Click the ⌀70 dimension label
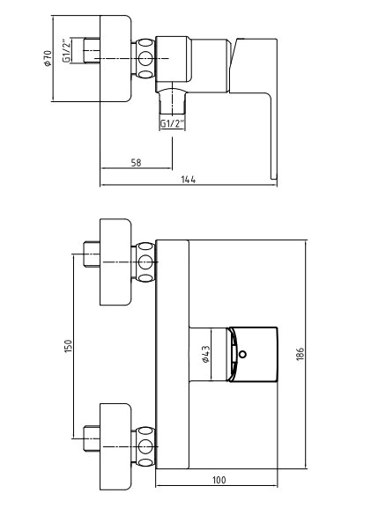(48, 58)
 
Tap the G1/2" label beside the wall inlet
(66, 51)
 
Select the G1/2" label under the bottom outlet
(173, 123)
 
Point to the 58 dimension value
(137, 162)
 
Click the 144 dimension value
(189, 180)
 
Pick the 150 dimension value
(68, 346)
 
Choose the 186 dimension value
(301, 354)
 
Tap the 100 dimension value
(219, 480)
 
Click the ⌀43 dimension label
(205, 355)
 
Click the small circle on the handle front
(242, 354)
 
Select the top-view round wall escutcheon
(115, 59)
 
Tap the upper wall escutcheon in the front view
(115, 261)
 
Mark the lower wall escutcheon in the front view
(115, 446)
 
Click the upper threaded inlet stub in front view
(92, 254)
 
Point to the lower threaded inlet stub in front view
(92, 438)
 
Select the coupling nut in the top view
(145, 59)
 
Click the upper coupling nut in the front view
(145, 261)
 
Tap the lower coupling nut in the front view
(145, 446)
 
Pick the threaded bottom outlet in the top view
(172, 101)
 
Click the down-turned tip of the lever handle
(274, 175)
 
